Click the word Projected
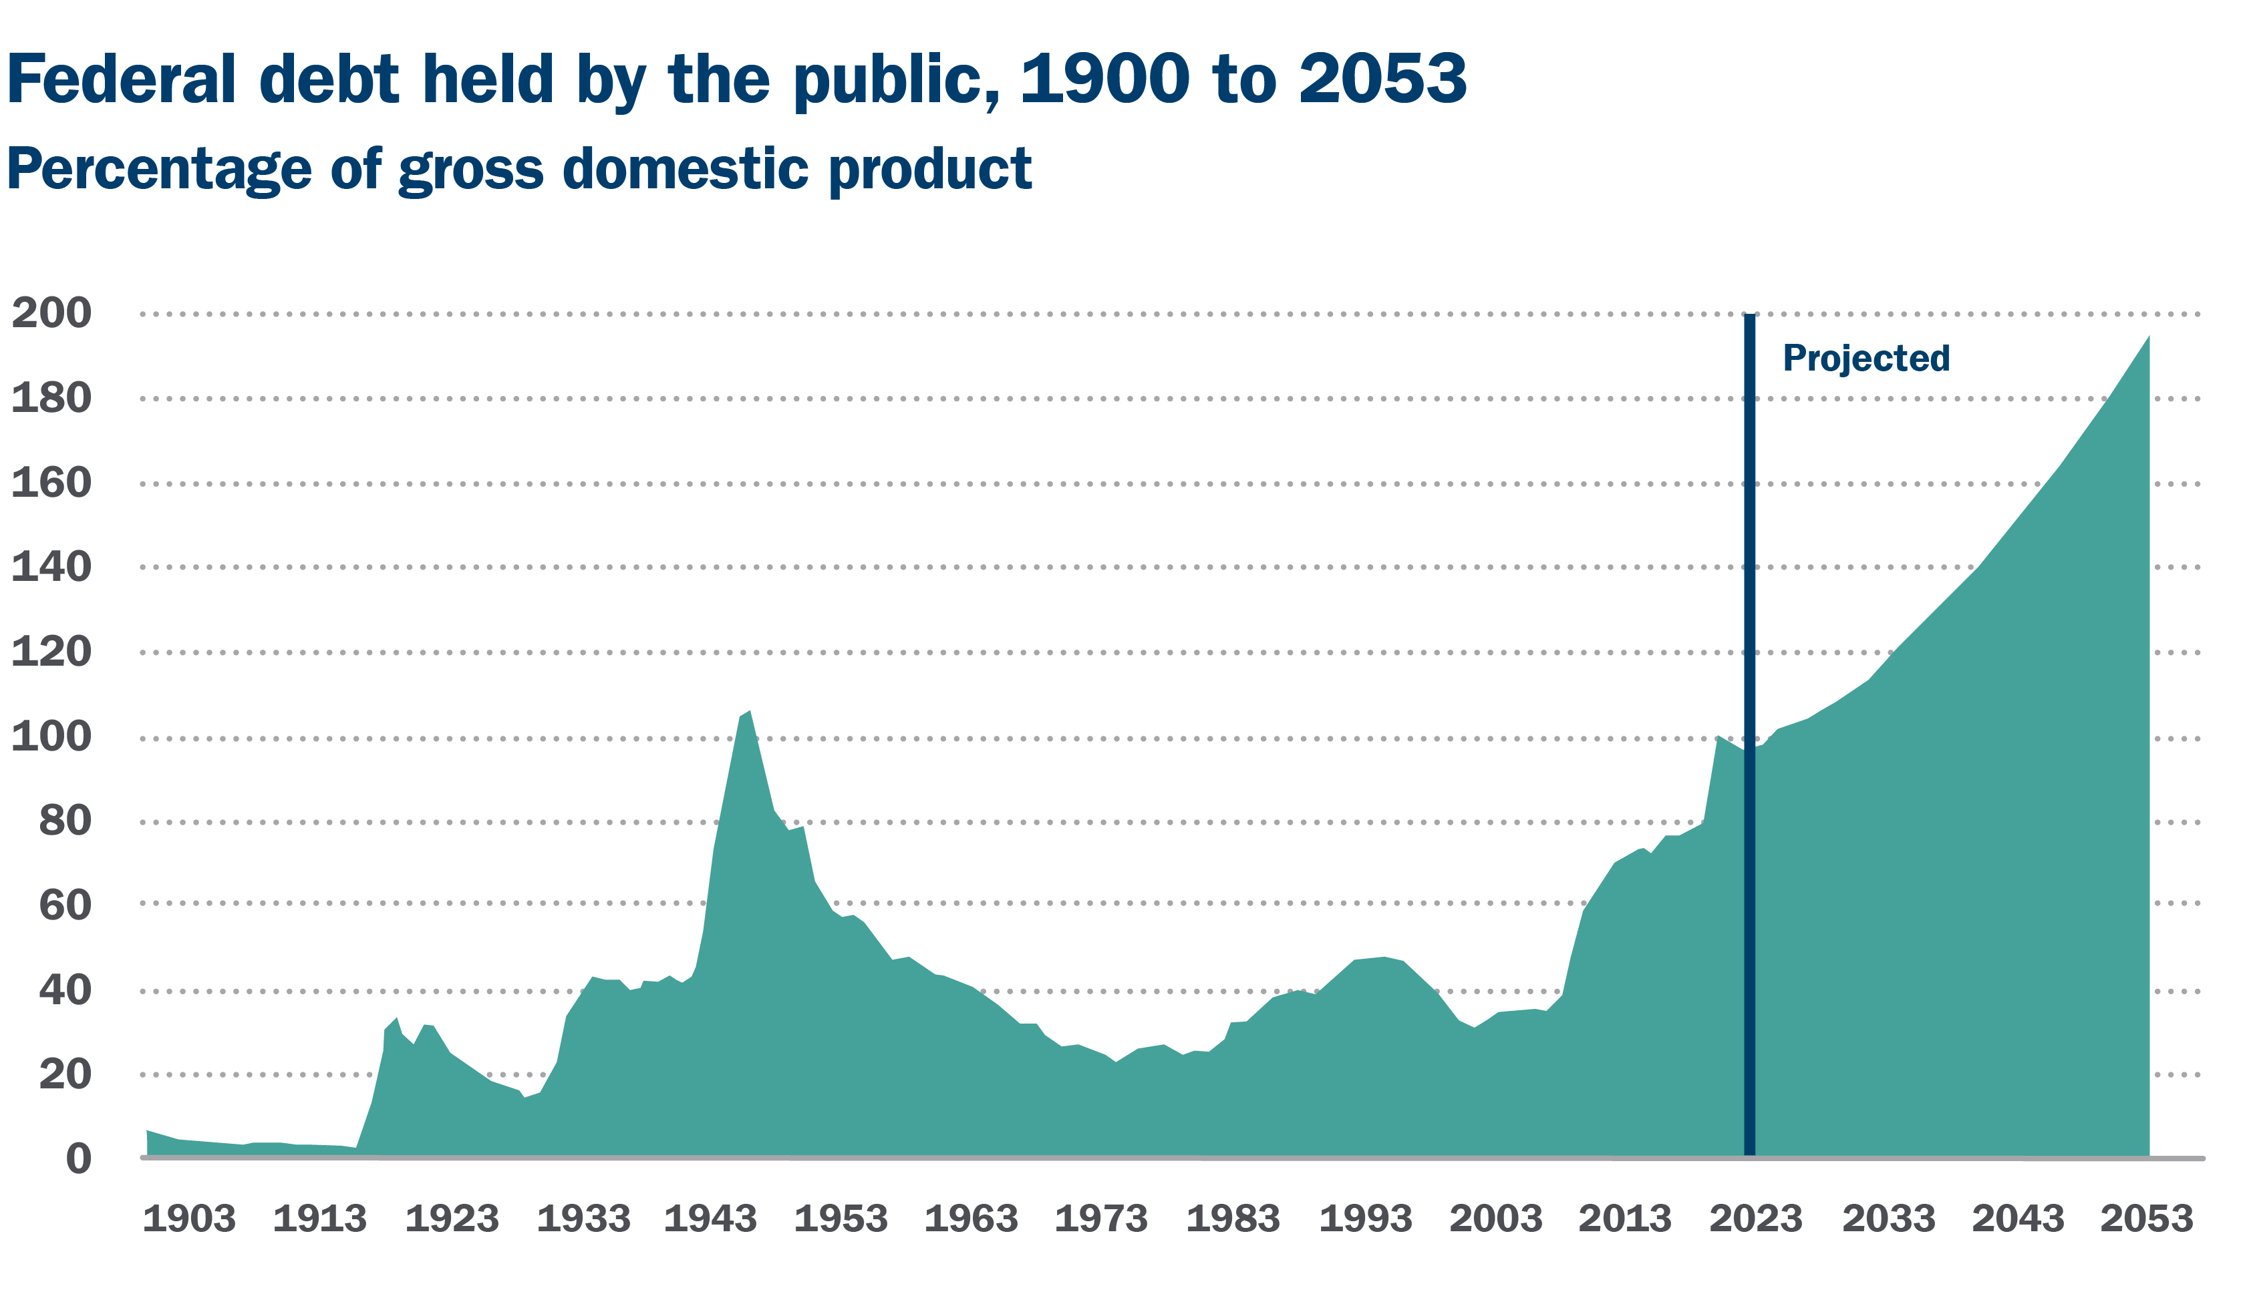click(x=1865, y=359)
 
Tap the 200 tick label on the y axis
click(x=51, y=312)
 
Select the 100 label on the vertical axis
click(x=51, y=736)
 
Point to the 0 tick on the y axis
click(x=78, y=1159)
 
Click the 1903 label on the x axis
click(x=189, y=1219)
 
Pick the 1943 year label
click(x=710, y=1219)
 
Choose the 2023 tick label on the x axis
click(x=1755, y=1219)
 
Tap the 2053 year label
click(x=2146, y=1219)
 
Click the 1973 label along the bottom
click(x=1101, y=1219)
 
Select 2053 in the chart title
click(x=1382, y=80)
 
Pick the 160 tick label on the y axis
click(x=51, y=483)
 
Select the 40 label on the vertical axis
click(x=65, y=990)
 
